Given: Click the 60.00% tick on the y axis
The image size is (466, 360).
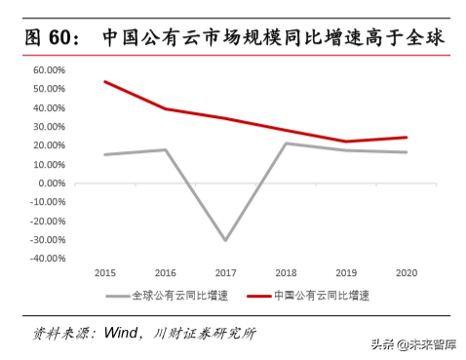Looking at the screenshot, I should pyautogui.click(x=48, y=71).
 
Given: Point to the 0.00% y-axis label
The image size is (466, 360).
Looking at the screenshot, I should pyautogui.click(x=50, y=183).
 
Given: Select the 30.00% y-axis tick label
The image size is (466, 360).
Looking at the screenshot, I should pyautogui.click(x=48, y=127).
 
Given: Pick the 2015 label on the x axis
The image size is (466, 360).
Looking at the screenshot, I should pyautogui.click(x=104, y=274).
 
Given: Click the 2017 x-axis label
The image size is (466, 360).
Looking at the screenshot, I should pyautogui.click(x=227, y=274).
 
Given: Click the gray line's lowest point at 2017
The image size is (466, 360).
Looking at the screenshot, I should pyautogui.click(x=227, y=240).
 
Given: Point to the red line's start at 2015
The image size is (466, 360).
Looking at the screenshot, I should pyautogui.click(x=104, y=82).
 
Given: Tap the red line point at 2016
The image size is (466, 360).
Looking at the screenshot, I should pyautogui.click(x=166, y=108).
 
